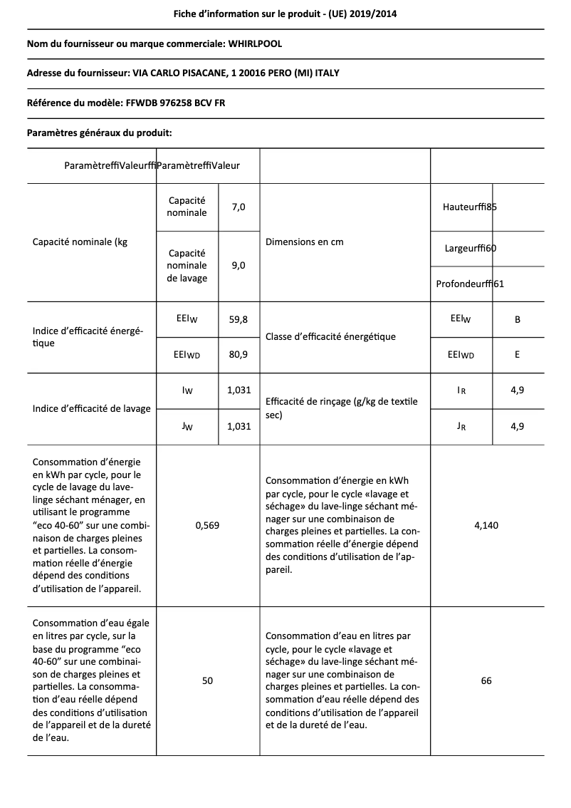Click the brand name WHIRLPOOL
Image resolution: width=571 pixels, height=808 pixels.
click(x=255, y=44)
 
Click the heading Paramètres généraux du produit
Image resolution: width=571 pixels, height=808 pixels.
click(x=99, y=133)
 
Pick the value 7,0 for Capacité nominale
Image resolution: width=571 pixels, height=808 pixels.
click(x=239, y=207)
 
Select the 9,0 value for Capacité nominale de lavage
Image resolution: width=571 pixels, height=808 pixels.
click(x=239, y=265)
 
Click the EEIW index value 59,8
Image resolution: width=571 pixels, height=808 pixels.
click(x=238, y=319)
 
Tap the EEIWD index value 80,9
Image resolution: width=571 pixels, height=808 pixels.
click(x=238, y=354)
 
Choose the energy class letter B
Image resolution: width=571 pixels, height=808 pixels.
click(x=517, y=319)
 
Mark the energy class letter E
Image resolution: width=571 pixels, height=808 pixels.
click(x=517, y=354)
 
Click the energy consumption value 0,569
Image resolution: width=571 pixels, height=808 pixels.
click(x=207, y=525)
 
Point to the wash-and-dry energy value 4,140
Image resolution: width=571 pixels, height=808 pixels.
click(x=486, y=525)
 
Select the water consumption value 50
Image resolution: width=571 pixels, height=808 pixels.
click(x=207, y=680)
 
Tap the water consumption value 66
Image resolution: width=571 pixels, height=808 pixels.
click(x=486, y=680)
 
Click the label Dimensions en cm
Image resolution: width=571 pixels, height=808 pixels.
click(x=304, y=242)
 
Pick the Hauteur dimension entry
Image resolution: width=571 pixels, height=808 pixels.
click(x=469, y=207)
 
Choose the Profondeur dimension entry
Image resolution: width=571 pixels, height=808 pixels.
click(x=470, y=284)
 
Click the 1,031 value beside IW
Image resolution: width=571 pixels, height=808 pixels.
click(x=238, y=390)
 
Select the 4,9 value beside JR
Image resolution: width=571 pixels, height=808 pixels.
click(x=517, y=426)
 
